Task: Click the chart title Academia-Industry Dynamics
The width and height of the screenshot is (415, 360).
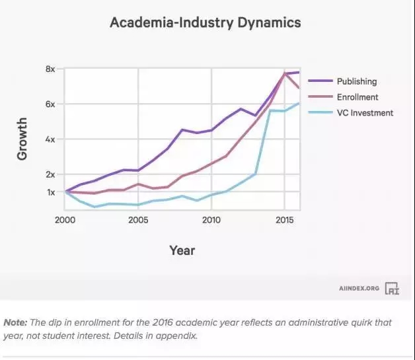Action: click(205, 22)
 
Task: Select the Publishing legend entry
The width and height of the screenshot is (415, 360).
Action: click(356, 81)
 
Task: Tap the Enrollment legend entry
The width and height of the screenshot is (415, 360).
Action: click(357, 97)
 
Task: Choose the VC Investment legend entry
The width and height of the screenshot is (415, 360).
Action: click(364, 113)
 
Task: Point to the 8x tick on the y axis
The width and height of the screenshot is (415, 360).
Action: click(50, 69)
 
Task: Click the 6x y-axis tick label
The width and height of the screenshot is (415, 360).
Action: click(50, 104)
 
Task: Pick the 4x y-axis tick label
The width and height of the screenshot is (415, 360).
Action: click(50, 139)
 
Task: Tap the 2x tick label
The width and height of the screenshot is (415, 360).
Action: click(50, 174)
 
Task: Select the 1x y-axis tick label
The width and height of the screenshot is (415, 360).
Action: click(50, 192)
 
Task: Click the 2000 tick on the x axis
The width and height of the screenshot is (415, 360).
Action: click(65, 220)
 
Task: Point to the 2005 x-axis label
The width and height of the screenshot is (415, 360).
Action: click(138, 220)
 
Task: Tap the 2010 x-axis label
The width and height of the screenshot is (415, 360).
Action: click(211, 220)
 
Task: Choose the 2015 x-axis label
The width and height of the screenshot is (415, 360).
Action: click(284, 220)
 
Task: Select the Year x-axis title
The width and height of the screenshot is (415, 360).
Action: click(182, 250)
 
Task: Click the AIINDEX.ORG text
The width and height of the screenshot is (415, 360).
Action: click(358, 288)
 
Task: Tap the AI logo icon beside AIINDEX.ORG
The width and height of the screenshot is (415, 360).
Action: click(392, 288)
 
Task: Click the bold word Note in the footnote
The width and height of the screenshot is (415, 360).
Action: click(15, 322)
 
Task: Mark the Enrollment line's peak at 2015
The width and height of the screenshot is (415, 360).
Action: click(284, 73)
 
